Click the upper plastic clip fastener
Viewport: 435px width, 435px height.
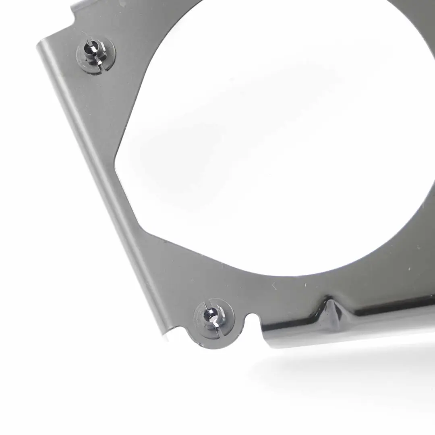click(x=95, y=55)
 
